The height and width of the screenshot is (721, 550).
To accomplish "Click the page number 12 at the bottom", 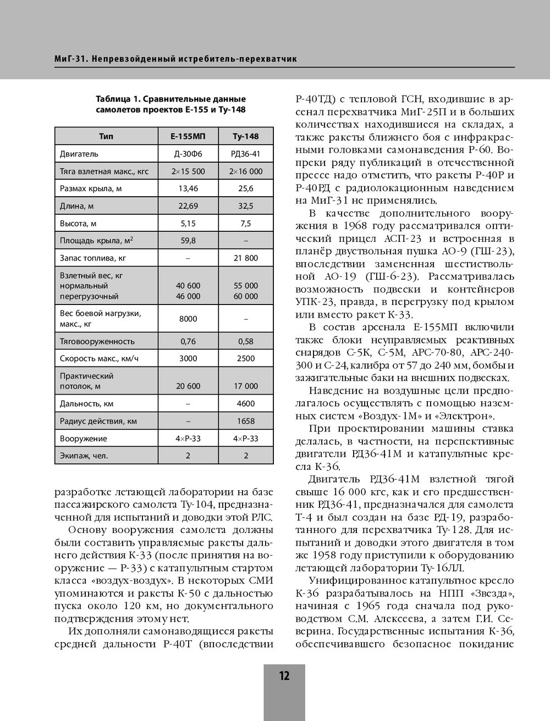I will coord(284,676).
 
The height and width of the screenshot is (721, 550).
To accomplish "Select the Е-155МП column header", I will coord(188,136).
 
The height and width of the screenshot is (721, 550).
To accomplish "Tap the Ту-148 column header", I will coord(245,136).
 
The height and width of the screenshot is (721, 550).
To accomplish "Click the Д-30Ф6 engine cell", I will coord(188,154).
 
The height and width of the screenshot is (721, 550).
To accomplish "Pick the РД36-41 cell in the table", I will coord(245,154).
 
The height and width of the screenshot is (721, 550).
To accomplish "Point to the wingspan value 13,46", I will coord(188,188).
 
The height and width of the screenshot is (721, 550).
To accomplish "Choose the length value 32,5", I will coord(245,206).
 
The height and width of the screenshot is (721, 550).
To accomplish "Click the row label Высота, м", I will coord(78,224).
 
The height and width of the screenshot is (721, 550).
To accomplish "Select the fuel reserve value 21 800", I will coord(245,258).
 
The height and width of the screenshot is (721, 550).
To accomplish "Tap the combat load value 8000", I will coord(188,319).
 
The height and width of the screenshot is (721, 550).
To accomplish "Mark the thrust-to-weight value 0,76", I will coord(188,341).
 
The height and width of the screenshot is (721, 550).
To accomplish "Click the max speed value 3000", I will coord(188,358).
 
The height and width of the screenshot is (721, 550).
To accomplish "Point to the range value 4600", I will coord(245,403).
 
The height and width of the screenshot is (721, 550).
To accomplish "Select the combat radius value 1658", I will coord(245,421).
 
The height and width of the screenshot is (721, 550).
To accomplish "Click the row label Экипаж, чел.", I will coord(84,456).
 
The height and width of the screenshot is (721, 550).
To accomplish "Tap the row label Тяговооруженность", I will coord(97,341).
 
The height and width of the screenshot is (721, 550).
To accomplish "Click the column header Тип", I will coord(106,136).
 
